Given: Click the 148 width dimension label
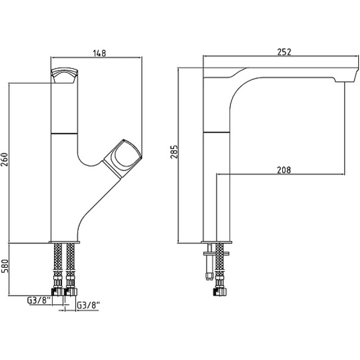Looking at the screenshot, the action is pos(99,53).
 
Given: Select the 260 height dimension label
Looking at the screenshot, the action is pos(5,160).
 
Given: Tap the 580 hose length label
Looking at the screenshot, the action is pos(5,266).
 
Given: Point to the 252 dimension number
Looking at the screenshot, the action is pos(284,52).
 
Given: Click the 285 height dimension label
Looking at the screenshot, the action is pos(174,152).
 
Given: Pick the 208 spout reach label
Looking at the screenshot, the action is pos(284,170).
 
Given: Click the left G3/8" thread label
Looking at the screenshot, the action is pos(39,301).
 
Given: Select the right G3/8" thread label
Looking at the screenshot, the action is pos(88,306).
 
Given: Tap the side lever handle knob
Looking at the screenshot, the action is pos(123,158).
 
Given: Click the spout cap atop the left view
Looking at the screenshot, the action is pos(64,75).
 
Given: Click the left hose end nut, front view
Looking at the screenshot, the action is pos(58,292).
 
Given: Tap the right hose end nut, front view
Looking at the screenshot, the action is pos(71,292).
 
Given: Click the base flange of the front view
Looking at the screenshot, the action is pos(64,242).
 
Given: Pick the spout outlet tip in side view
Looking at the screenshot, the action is pos(346,78).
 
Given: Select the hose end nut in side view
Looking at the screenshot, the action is pos(220,292).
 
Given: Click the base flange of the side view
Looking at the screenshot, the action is pos(216,242).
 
